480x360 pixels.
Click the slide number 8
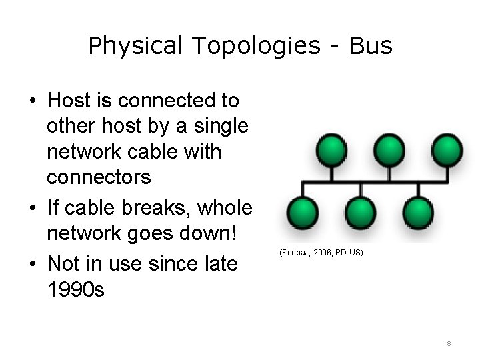click(x=449, y=344)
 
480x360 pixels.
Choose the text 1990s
click(x=75, y=289)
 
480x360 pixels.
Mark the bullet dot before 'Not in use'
click(x=33, y=265)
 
